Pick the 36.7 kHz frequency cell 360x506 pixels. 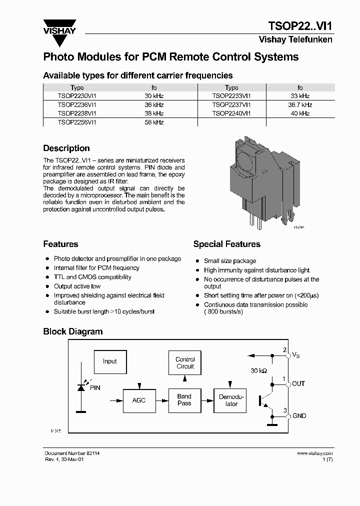click(299, 105)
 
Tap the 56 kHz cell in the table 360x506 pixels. click(154, 122)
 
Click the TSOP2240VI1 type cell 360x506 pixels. click(231, 113)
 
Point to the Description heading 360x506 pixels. click(66, 148)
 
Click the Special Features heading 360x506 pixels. click(226, 244)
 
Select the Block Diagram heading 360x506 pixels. click(72, 331)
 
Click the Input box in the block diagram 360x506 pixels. click(109, 361)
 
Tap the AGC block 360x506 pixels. click(139, 400)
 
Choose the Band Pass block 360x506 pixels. click(184, 400)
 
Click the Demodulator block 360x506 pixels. click(229, 400)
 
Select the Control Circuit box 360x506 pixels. click(185, 363)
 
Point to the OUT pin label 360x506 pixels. click(298, 384)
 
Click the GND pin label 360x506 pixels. click(299, 416)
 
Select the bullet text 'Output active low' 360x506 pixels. click(77, 286)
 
